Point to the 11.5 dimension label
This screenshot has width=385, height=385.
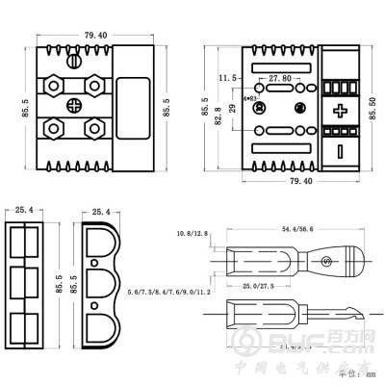click(227, 76)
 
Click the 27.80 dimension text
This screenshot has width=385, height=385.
click(280, 77)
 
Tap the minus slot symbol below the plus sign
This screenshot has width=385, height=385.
click(340, 151)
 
